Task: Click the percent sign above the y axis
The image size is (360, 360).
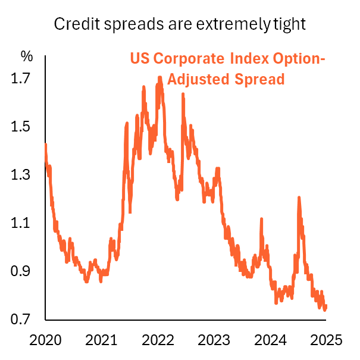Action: click(27, 57)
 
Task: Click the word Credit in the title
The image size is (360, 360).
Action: click(73, 24)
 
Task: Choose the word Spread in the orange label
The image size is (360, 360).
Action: click(256, 79)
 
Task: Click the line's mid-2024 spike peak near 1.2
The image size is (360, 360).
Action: click(299, 198)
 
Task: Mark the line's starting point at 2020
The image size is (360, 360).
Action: click(46, 145)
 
